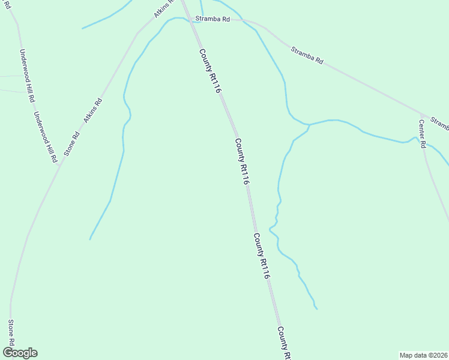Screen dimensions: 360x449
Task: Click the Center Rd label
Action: click(422, 133)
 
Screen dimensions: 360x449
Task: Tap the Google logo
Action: click(19, 353)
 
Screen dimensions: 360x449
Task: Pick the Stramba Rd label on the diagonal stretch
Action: click(307, 55)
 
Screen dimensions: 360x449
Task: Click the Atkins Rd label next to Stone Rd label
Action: click(93, 110)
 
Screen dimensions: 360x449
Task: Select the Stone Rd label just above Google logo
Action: click(10, 332)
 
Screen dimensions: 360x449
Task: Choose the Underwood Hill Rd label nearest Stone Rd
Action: click(45, 137)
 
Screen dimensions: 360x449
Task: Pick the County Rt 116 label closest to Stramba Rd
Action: click(211, 70)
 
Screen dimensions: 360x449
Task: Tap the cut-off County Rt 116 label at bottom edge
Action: click(285, 343)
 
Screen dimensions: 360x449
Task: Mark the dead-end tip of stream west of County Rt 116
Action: click(90, 239)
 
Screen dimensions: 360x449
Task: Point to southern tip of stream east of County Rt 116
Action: click(316, 309)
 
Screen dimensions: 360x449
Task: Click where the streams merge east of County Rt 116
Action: click(309, 125)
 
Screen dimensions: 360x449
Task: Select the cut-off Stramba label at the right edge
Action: click(440, 124)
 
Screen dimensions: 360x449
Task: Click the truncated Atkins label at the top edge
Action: click(163, 8)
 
